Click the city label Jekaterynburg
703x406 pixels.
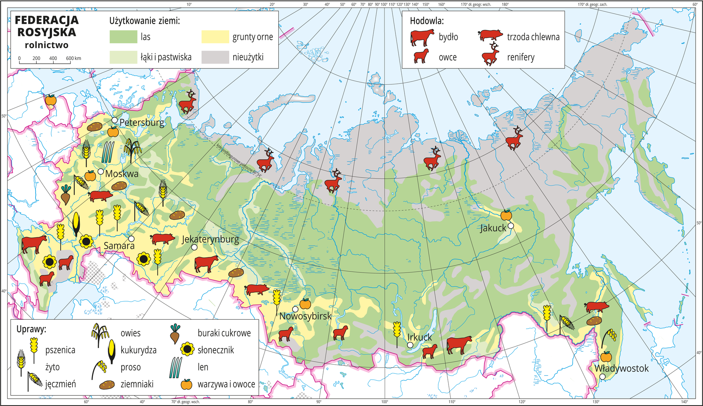point(211,240)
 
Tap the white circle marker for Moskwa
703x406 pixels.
point(101,172)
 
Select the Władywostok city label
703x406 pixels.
point(621,368)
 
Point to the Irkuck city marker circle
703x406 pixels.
point(410,345)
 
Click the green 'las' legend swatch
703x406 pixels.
point(123,37)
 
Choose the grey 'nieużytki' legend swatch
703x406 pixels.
point(215,57)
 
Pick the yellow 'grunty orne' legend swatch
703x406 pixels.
point(215,37)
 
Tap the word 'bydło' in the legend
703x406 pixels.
point(448,37)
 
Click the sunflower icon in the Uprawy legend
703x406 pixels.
point(187,350)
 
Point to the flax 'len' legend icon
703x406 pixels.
point(176,367)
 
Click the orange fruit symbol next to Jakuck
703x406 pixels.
point(506,215)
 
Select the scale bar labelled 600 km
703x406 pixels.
point(45,63)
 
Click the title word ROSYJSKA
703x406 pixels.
point(47,33)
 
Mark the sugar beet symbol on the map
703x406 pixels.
point(66,194)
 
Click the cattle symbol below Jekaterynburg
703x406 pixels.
point(206,263)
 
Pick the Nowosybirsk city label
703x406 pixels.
point(305,316)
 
